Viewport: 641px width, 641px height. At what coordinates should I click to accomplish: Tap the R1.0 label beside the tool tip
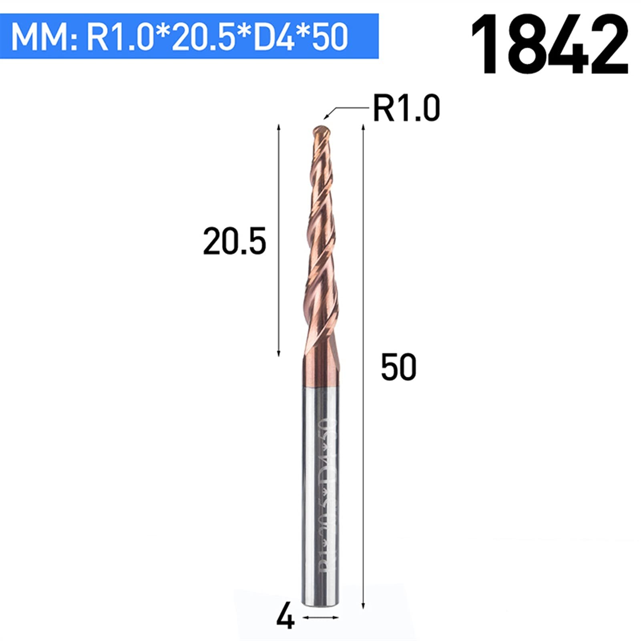[406, 109]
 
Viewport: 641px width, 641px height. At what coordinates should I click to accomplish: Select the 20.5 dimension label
[234, 241]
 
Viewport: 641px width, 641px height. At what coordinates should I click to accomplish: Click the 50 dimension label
[398, 367]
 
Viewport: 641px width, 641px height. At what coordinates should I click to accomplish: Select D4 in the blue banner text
[275, 37]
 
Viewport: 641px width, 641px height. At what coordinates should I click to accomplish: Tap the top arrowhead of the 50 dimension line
[363, 127]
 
